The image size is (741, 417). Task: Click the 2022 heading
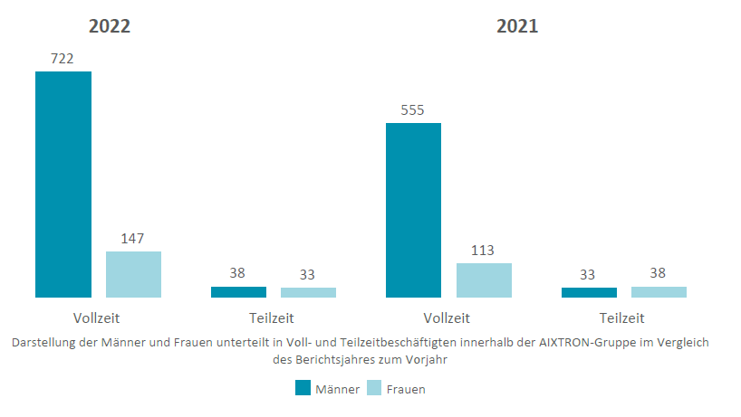(x=110, y=26)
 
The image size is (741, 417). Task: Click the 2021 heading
(x=517, y=26)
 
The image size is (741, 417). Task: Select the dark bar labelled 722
(x=63, y=184)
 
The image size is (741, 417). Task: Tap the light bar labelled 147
(x=133, y=274)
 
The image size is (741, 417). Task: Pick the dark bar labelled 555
(x=413, y=210)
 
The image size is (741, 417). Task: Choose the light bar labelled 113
(x=484, y=280)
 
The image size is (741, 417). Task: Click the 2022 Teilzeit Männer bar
(x=238, y=292)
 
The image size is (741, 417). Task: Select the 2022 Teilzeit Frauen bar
(x=308, y=292)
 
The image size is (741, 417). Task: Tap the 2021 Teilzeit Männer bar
(x=589, y=292)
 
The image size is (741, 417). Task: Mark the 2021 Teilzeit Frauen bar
(x=659, y=292)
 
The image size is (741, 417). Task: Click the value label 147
(x=133, y=239)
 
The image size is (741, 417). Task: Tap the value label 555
(x=412, y=110)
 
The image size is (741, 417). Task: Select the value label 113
(x=484, y=251)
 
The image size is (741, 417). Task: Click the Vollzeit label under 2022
(x=97, y=317)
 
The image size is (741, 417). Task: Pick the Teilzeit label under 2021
(x=622, y=317)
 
